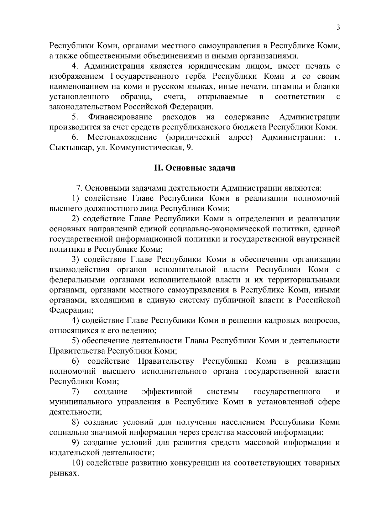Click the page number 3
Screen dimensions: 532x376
pyautogui.click(x=338, y=27)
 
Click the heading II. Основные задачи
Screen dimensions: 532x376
pyautogui.click(x=195, y=168)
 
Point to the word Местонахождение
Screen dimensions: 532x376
pyautogui.click(x=122, y=137)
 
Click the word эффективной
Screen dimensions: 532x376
pyautogui.click(x=167, y=392)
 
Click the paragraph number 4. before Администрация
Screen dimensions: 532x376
pyautogui.click(x=75, y=66)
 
